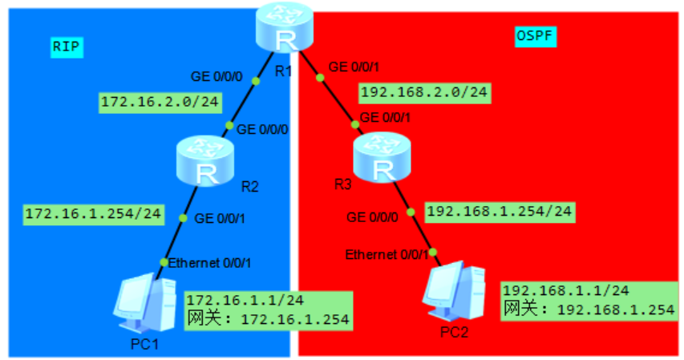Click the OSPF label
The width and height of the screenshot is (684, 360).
point(535,36)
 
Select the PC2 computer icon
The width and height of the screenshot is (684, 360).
point(455,293)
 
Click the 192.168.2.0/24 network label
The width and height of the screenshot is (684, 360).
point(424,92)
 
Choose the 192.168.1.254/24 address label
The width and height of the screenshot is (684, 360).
point(500,212)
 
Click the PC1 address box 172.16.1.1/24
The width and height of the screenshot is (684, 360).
point(269,309)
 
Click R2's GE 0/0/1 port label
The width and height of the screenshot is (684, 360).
point(220,217)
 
